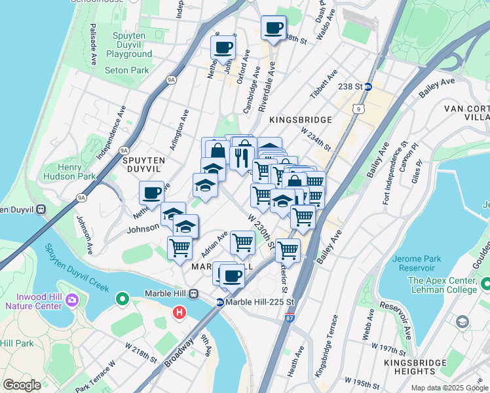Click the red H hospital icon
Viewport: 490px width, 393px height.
click(178, 314)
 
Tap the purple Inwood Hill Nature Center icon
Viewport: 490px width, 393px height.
click(71, 301)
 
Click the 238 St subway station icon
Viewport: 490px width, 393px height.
click(368, 86)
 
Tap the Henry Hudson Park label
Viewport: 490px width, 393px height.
click(69, 171)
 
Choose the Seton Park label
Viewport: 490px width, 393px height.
click(126, 70)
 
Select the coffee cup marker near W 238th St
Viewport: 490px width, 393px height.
click(273, 28)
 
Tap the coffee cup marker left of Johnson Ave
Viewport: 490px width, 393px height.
click(151, 193)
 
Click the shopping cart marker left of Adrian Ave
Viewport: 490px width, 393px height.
click(179, 247)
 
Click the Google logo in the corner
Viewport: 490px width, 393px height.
click(22, 384)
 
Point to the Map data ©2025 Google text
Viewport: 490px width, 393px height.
click(449, 388)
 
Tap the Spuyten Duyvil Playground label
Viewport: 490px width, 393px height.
click(129, 49)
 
